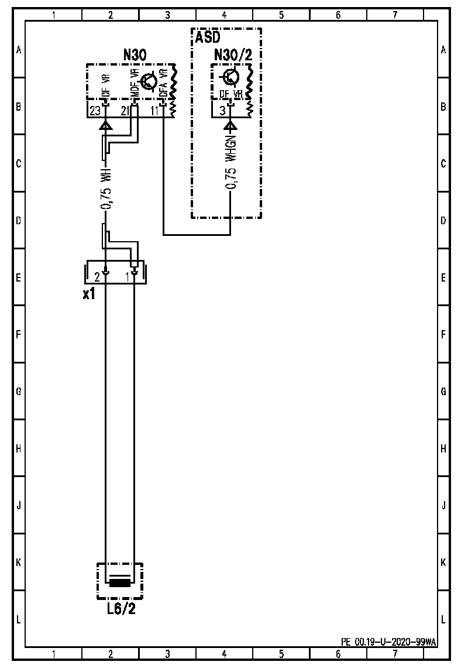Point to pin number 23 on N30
coord(95,111)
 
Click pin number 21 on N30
coord(125,111)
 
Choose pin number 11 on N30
coord(155,111)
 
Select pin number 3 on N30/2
coord(222,111)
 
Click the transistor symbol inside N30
coord(149,81)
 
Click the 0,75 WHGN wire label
coord(232,163)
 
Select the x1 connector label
coord(89,294)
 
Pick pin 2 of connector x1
coord(98,276)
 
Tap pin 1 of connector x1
coord(128,276)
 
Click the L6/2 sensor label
coord(121,609)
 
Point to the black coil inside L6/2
coord(120,582)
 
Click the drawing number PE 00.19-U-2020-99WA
coord(388,642)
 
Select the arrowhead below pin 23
coord(105,125)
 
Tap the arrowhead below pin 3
coord(231,125)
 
